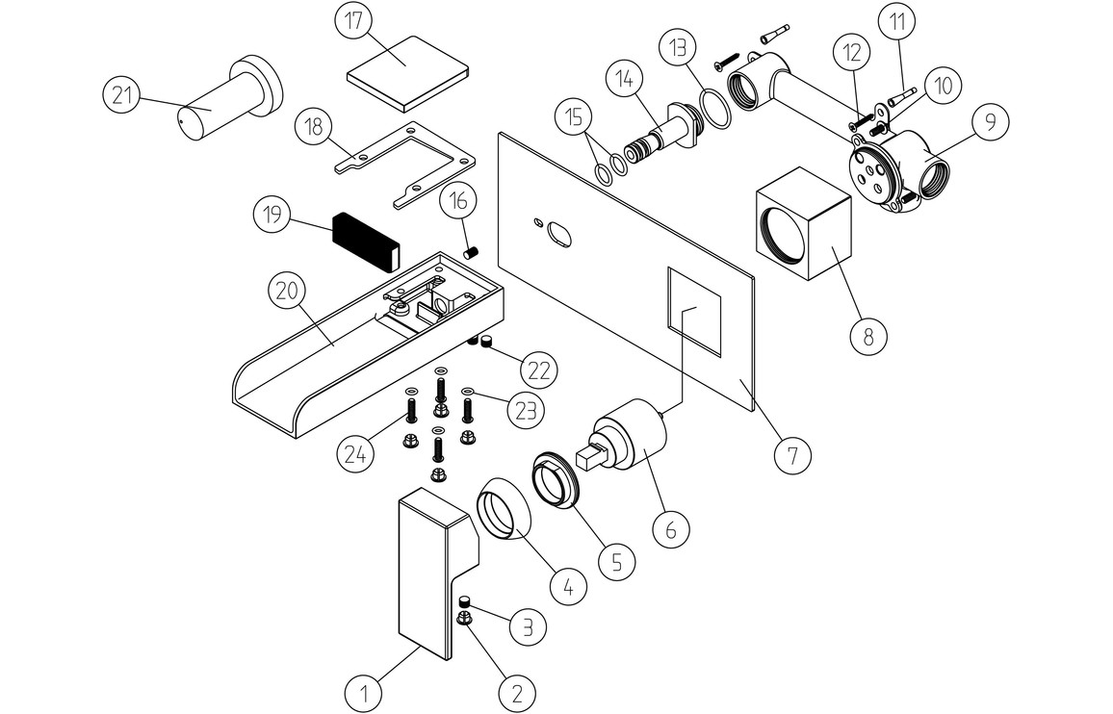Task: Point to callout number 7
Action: pyautogui.click(x=792, y=453)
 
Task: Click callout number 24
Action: pyautogui.click(x=356, y=452)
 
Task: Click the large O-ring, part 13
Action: pyautogui.click(x=715, y=107)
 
